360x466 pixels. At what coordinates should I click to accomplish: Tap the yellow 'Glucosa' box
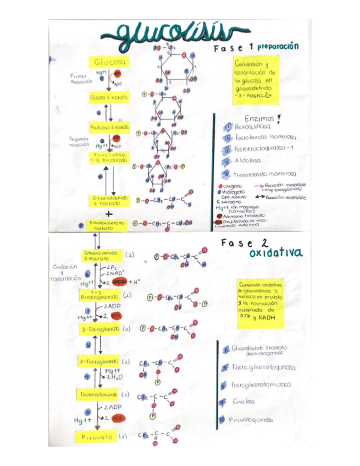pos(109,62)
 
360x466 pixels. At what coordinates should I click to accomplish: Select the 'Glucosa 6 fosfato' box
pos(109,97)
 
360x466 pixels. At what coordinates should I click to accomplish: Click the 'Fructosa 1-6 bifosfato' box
pos(109,158)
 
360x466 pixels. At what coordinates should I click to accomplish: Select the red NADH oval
pos(119,281)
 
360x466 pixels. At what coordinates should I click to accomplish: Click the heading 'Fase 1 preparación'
pos(255,48)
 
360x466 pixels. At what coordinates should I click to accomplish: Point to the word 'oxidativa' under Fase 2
pos(274,253)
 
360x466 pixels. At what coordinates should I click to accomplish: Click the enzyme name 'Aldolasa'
pos(246,161)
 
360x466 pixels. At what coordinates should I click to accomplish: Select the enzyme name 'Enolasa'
pos(246,402)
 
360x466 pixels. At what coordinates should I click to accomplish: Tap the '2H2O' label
pos(114,376)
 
